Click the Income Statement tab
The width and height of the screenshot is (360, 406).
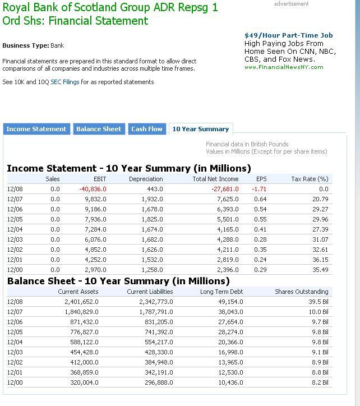36,129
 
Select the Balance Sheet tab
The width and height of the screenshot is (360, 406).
99,129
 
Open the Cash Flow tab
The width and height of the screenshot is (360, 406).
147,129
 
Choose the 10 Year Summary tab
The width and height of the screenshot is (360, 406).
201,129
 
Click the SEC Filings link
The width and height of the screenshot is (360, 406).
65,82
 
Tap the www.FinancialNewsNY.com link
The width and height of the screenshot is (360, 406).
284,67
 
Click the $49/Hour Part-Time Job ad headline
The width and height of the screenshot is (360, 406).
289,35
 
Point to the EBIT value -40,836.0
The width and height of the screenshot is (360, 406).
93,189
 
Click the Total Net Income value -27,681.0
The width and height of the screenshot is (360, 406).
224,189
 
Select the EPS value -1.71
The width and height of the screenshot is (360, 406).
259,189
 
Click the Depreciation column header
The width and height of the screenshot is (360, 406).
146,179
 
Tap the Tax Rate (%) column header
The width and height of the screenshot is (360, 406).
310,179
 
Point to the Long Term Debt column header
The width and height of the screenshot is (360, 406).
221,292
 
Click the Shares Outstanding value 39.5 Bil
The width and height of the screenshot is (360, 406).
319,302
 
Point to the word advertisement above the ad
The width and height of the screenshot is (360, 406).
291,4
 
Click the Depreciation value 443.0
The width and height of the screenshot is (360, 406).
155,189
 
